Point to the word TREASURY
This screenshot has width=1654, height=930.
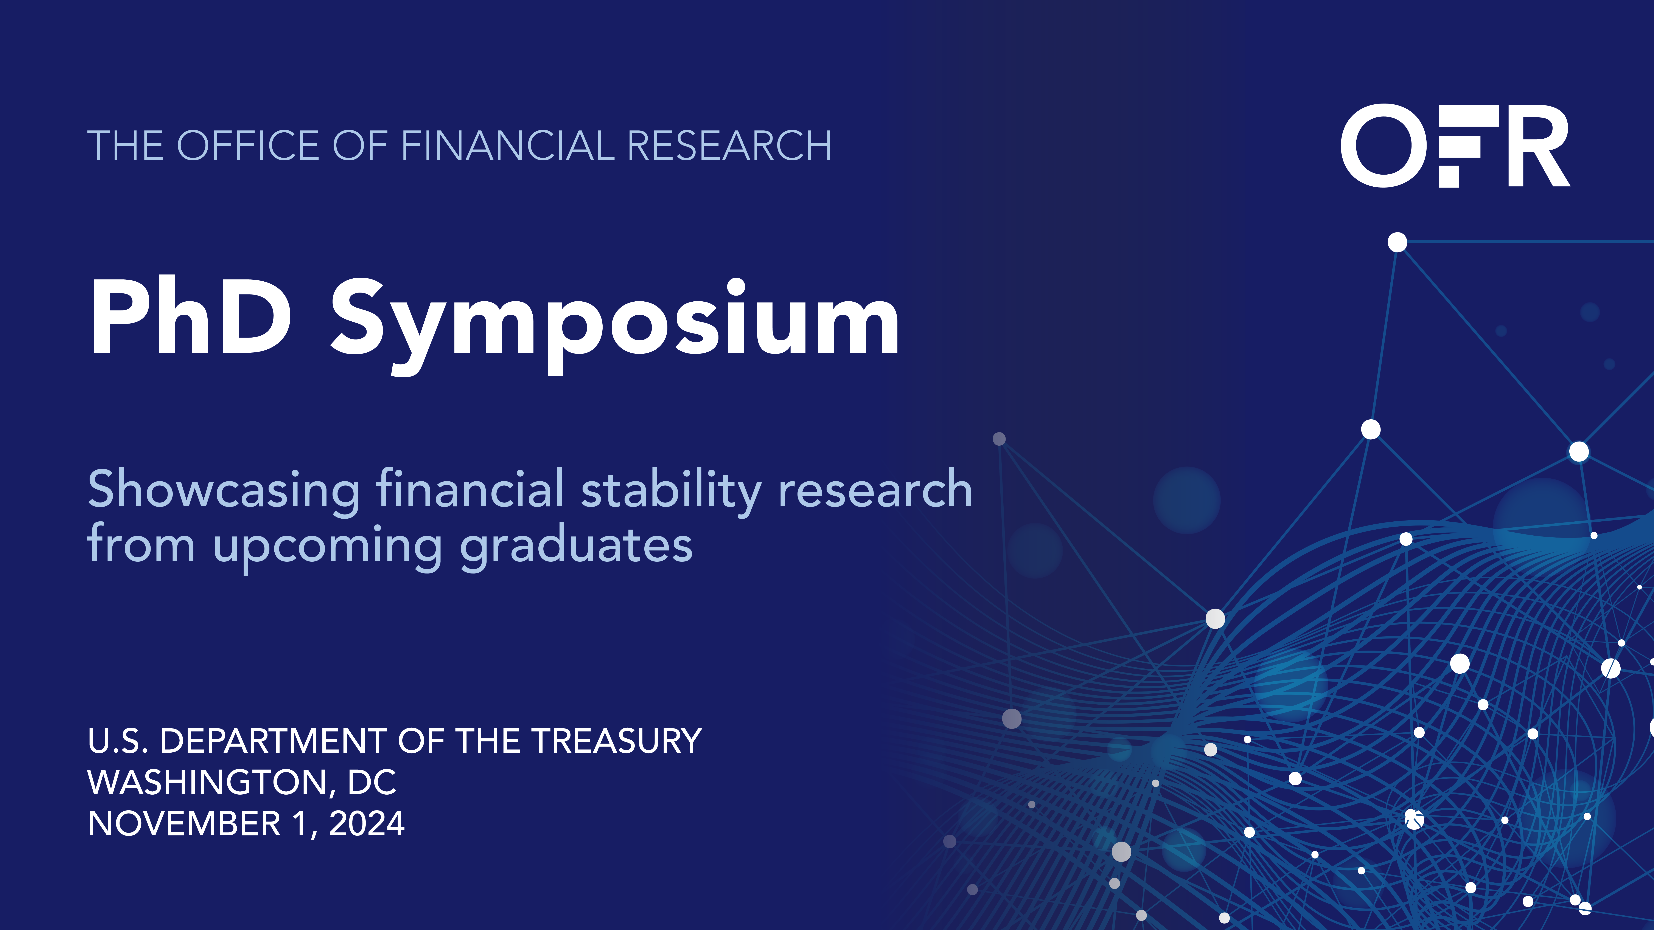616,741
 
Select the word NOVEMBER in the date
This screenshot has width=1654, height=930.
184,823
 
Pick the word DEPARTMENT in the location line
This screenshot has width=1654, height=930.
273,741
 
